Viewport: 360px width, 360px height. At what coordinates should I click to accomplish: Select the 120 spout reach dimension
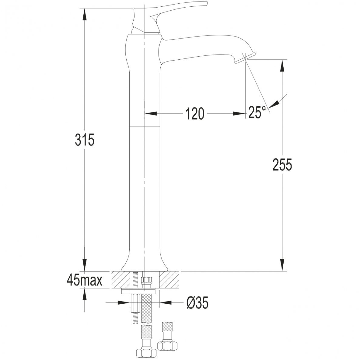click(195, 113)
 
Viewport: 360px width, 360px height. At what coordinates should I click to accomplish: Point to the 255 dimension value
click(282, 165)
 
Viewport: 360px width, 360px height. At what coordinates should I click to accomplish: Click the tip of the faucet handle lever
click(207, 4)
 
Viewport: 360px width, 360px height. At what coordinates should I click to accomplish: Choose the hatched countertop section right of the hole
click(169, 280)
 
